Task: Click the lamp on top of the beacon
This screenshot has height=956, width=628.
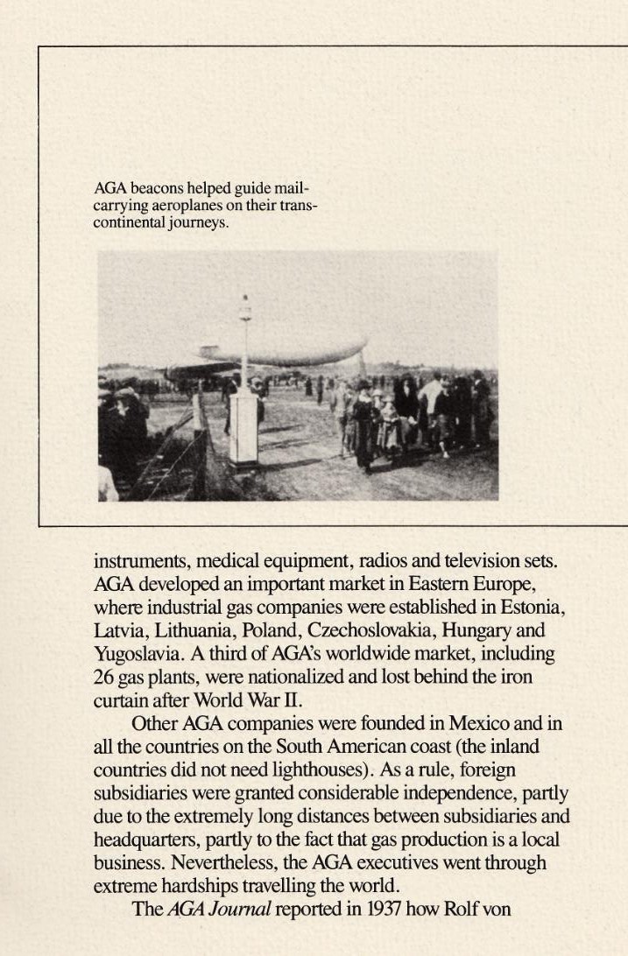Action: pyautogui.click(x=245, y=308)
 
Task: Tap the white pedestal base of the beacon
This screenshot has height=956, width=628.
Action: pyautogui.click(x=244, y=427)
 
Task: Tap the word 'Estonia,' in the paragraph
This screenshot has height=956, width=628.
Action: pyautogui.click(x=536, y=607)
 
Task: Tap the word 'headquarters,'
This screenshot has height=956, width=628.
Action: pyautogui.click(x=147, y=840)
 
